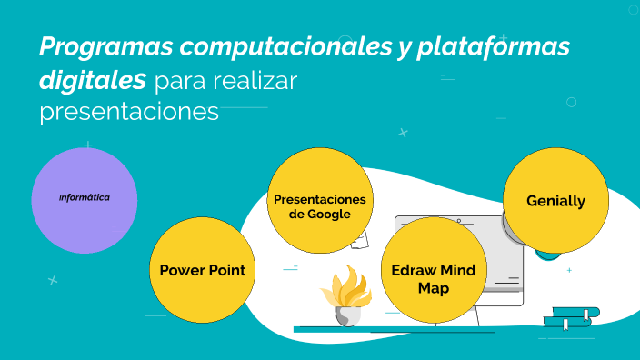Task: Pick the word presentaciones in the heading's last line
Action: point(129,112)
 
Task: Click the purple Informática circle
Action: point(84,198)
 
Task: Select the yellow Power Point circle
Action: point(202,269)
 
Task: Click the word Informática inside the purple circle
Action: point(85,196)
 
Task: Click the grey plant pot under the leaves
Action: point(349,315)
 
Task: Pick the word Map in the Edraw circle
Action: point(434,288)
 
